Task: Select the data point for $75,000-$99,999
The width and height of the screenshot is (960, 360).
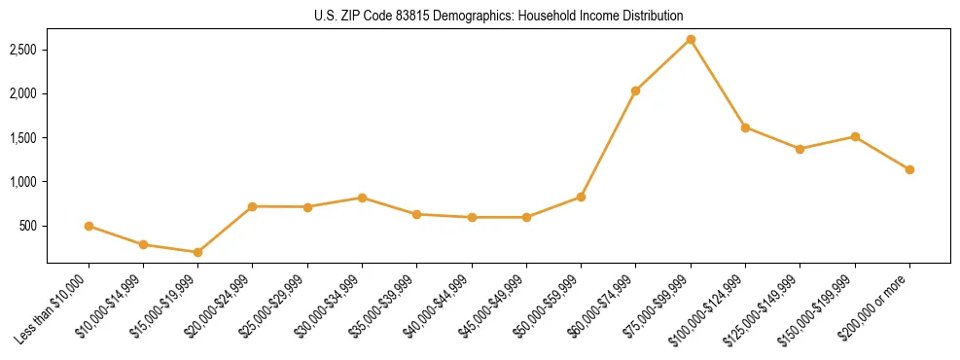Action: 691,39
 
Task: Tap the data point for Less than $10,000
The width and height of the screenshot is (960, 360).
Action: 89,226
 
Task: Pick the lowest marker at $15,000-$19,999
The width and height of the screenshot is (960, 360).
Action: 198,252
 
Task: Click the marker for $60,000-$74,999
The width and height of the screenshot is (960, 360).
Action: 635,90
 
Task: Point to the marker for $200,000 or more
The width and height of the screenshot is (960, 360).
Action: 909,169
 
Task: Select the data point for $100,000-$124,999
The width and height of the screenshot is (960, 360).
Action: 745,127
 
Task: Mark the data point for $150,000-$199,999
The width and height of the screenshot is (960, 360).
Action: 855,136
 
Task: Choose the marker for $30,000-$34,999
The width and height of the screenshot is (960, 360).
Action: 362,198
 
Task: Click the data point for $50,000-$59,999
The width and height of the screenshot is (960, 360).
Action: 581,197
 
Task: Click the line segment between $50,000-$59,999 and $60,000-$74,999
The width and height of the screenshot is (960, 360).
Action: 608,144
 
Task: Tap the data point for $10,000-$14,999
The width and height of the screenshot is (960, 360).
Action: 143,244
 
